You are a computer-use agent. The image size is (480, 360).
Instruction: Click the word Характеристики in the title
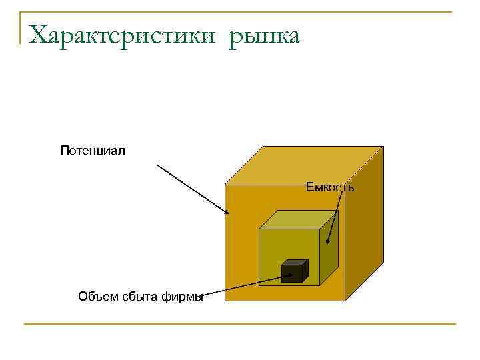[123, 35]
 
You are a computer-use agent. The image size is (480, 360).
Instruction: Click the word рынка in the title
[265, 37]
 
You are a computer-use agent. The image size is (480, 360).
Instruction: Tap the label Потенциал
[93, 150]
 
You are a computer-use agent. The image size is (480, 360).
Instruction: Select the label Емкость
[330, 187]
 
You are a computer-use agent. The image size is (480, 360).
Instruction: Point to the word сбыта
[140, 297]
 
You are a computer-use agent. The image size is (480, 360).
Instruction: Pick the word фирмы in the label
[181, 297]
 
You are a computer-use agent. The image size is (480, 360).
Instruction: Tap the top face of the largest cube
[303, 165]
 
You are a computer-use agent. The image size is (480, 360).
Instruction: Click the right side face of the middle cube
[331, 250]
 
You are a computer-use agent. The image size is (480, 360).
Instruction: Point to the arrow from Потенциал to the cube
[193, 189]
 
